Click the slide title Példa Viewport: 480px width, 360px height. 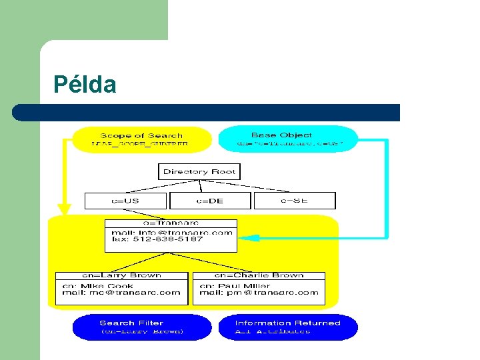[x=85, y=85]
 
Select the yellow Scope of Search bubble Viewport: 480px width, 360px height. [x=141, y=139]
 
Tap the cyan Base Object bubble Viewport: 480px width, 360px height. [x=288, y=139]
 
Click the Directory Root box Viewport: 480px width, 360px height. [x=199, y=171]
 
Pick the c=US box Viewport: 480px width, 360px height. [x=126, y=200]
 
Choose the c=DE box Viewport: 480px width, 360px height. [x=210, y=200]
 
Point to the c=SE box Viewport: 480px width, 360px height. [x=294, y=200]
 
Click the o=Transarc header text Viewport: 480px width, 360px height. [x=171, y=223]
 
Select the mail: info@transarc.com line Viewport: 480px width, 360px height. [x=171, y=232]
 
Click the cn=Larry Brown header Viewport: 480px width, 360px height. [x=121, y=275]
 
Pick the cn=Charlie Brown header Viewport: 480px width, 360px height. [x=259, y=275]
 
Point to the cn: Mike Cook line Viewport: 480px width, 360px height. [x=98, y=286]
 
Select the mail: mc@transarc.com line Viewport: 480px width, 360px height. [x=121, y=292]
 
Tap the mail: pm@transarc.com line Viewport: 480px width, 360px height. [x=259, y=292]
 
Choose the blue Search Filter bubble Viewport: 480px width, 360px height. [x=141, y=327]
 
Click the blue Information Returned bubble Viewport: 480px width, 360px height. [x=288, y=327]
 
